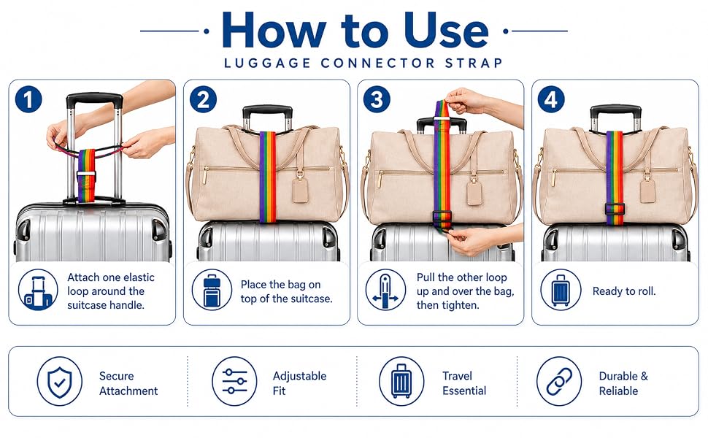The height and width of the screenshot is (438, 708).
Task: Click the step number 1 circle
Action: [x=28, y=100]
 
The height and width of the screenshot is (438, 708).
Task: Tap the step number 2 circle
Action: [x=203, y=100]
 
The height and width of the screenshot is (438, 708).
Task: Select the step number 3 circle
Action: [x=377, y=100]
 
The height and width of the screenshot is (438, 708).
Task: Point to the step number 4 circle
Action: [x=551, y=100]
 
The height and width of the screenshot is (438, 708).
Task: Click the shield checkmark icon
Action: [x=60, y=382]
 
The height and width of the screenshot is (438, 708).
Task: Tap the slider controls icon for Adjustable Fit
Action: [x=234, y=382]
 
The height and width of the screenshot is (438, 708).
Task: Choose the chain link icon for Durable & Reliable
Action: [x=559, y=382]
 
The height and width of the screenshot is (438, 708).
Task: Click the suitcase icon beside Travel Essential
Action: [x=401, y=382]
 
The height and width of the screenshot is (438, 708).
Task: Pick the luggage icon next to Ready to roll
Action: [x=561, y=291]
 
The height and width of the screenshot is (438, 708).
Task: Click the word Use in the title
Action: [x=446, y=30]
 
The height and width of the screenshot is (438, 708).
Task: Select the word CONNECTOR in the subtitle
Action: [x=378, y=63]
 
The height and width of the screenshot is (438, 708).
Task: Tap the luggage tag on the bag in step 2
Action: [x=300, y=190]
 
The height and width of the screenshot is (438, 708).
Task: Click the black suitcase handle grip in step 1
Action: [x=94, y=100]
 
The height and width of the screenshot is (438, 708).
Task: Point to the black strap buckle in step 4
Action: [x=615, y=209]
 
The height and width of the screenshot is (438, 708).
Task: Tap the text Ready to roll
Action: [x=624, y=291]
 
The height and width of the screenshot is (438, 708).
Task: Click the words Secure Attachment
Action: [x=128, y=383]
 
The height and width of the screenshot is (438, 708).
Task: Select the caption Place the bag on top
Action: [x=286, y=291]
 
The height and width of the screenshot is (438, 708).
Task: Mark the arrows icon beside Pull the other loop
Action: [x=385, y=291]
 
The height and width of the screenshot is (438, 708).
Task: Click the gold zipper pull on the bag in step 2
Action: [x=205, y=176]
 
